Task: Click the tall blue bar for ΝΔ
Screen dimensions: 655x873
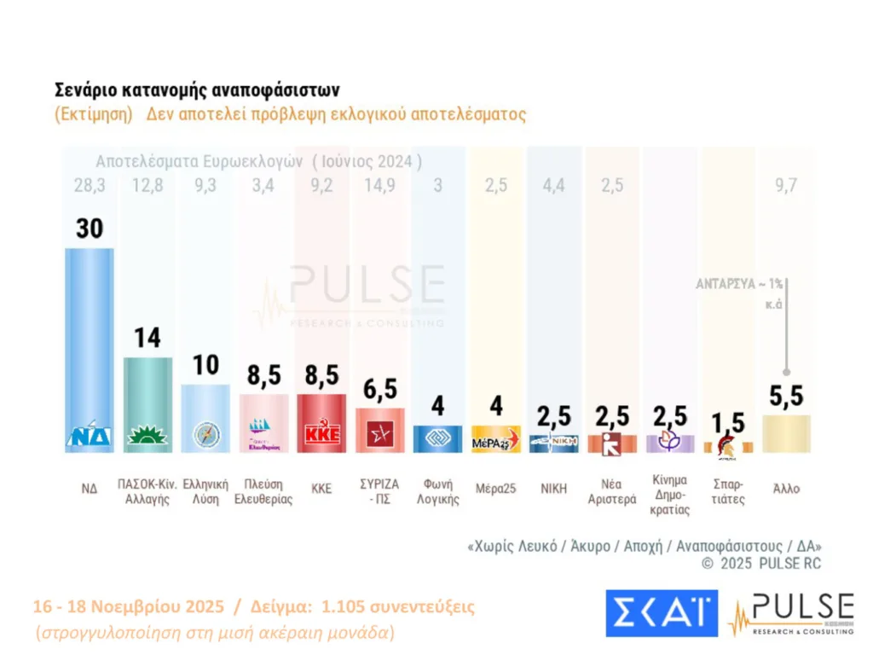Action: [x=90, y=341]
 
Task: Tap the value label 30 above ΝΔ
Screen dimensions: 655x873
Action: [x=90, y=229]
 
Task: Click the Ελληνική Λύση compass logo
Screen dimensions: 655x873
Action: [x=205, y=435]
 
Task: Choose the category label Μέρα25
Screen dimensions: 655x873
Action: [x=495, y=490]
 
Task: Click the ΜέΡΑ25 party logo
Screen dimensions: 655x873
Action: [x=495, y=440]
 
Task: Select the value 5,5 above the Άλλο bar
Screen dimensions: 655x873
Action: [x=786, y=396]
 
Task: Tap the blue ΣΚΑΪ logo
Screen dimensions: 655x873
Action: [x=662, y=612]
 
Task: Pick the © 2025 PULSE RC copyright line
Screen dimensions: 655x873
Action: [x=761, y=564]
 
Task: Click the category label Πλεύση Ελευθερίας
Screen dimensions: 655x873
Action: [x=263, y=490]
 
